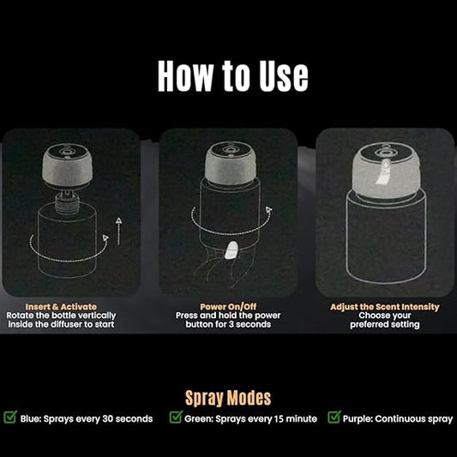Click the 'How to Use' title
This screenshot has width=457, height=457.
pyautogui.click(x=233, y=76)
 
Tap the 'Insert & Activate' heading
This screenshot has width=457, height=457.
pyautogui.click(x=61, y=307)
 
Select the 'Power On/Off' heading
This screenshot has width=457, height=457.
pyautogui.click(x=228, y=307)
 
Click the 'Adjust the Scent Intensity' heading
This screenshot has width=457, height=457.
pyautogui.click(x=385, y=307)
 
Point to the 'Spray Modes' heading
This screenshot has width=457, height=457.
pyautogui.click(x=228, y=398)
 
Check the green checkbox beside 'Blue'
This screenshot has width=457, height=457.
pyautogui.click(x=10, y=417)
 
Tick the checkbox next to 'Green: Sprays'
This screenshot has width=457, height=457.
pyautogui.click(x=176, y=417)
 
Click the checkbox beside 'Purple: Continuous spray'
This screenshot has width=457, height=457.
pyautogui.click(x=334, y=417)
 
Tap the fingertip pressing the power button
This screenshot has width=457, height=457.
pyautogui.click(x=232, y=250)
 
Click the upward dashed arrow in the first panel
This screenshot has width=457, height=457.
pyautogui.click(x=118, y=231)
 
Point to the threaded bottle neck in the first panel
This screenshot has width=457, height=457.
pyautogui.click(x=68, y=201)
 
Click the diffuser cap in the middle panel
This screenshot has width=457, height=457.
pyautogui.click(x=231, y=164)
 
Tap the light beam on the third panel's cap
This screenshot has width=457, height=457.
pyautogui.click(x=383, y=172)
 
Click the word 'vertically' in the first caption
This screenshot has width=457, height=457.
pyautogui.click(x=97, y=316)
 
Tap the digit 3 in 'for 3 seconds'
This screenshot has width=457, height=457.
pyautogui.click(x=231, y=324)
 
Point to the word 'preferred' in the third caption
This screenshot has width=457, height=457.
pyautogui.click(x=368, y=325)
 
